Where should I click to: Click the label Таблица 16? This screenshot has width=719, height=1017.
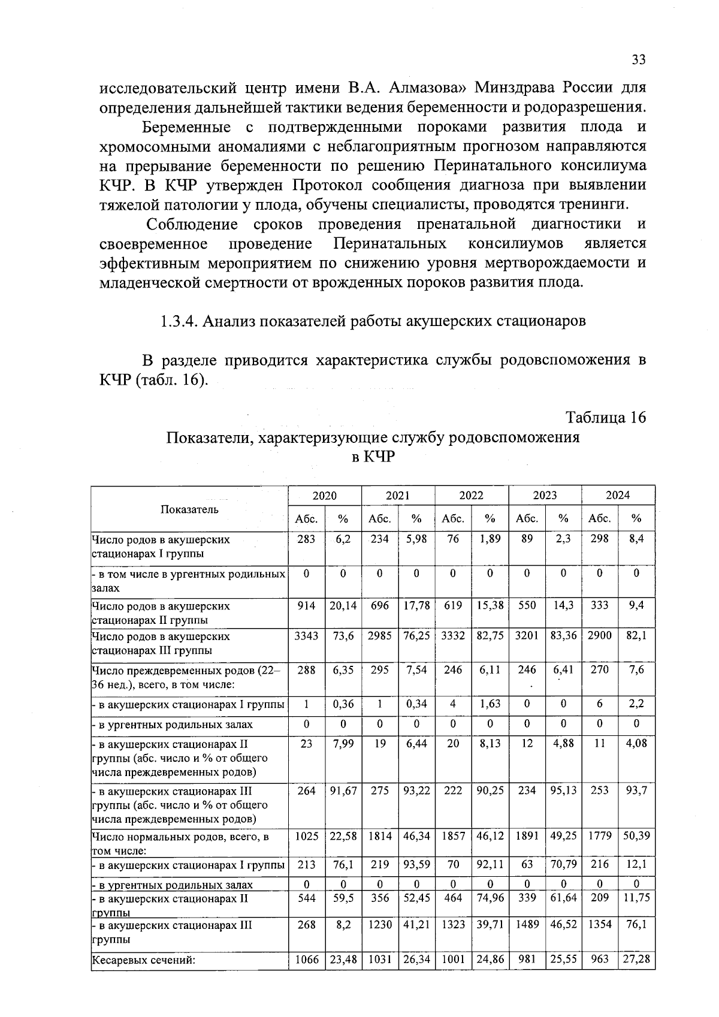606,418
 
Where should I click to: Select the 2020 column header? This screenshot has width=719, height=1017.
325,496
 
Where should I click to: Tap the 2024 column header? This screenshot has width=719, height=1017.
618,496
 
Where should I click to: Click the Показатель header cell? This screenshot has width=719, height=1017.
189,509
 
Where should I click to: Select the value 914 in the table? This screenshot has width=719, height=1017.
306,606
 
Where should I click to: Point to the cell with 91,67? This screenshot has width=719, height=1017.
343,791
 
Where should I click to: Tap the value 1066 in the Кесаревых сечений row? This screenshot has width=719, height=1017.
306,960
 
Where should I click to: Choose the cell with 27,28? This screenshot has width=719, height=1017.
636,960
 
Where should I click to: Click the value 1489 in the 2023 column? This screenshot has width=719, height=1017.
527,925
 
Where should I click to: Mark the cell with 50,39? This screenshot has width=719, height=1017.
636,836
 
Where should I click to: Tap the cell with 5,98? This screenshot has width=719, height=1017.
416,539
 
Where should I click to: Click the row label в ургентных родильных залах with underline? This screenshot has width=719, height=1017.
173,885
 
